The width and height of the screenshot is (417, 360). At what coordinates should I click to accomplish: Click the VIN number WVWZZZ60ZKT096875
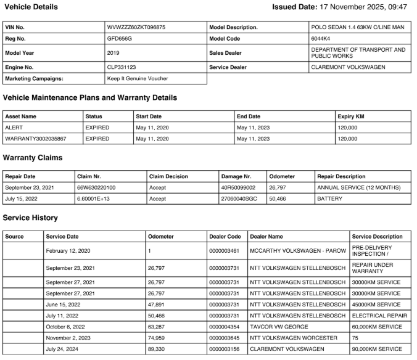[x=136, y=28]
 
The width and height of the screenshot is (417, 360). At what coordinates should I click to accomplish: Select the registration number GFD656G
[x=119, y=39]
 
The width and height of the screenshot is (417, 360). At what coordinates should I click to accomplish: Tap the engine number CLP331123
[x=122, y=67]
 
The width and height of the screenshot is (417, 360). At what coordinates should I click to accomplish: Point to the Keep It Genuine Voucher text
[x=138, y=78]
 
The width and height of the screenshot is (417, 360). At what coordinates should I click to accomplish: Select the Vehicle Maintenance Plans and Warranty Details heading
[x=90, y=97]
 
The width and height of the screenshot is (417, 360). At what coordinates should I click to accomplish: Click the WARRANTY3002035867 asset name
[x=35, y=139]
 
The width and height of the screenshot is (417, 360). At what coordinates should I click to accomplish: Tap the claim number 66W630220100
[x=96, y=187]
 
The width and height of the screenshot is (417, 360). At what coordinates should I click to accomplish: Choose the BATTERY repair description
[x=329, y=199]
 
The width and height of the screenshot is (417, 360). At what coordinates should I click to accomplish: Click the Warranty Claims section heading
[x=33, y=158]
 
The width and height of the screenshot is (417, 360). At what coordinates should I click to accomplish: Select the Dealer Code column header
[x=225, y=236]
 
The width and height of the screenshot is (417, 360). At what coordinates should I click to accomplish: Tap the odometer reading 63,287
[x=157, y=327]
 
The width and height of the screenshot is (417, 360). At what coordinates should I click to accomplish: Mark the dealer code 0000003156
[x=225, y=349]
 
